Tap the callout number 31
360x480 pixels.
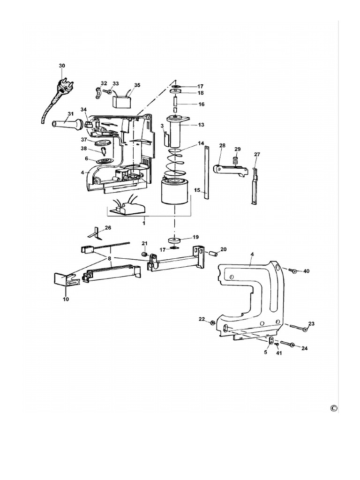click(x=71, y=114)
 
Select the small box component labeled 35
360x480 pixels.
click(x=123, y=101)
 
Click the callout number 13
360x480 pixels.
click(x=201, y=125)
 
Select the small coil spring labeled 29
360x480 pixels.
click(x=237, y=160)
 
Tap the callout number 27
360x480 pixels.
click(x=257, y=155)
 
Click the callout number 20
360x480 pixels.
click(x=223, y=249)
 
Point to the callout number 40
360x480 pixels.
click(x=307, y=271)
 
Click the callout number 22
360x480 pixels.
click(x=202, y=319)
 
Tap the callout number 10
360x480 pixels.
click(x=66, y=299)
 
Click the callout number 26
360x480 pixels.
click(x=108, y=228)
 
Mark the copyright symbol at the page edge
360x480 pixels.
click(x=334, y=408)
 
